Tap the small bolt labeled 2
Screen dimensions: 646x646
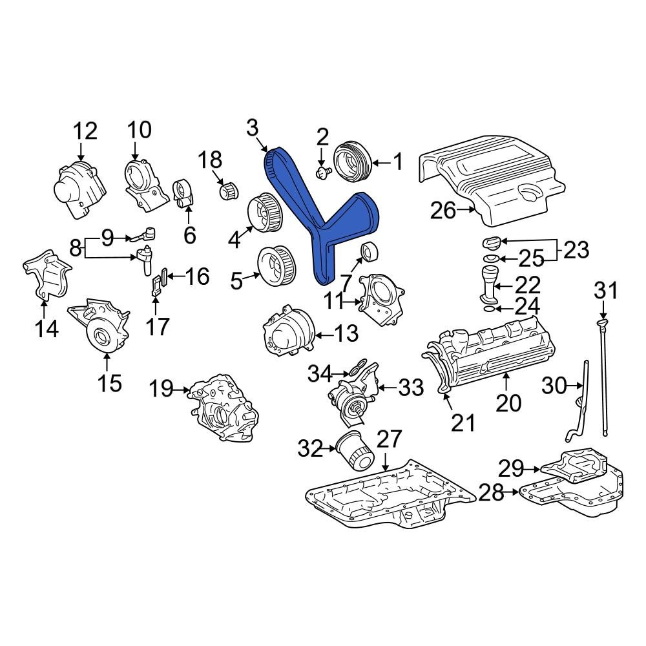pyautogui.click(x=322, y=172)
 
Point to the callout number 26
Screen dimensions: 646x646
pyautogui.click(x=443, y=210)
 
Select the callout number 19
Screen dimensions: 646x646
pyautogui.click(x=162, y=390)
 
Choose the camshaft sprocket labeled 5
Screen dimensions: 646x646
pyautogui.click(x=274, y=265)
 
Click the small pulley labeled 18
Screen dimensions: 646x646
pyautogui.click(x=228, y=191)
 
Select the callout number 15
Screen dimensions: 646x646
pyautogui.click(x=109, y=382)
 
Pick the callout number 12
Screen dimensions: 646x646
pyautogui.click(x=85, y=130)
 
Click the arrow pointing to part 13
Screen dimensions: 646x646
pyautogui.click(x=324, y=335)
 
